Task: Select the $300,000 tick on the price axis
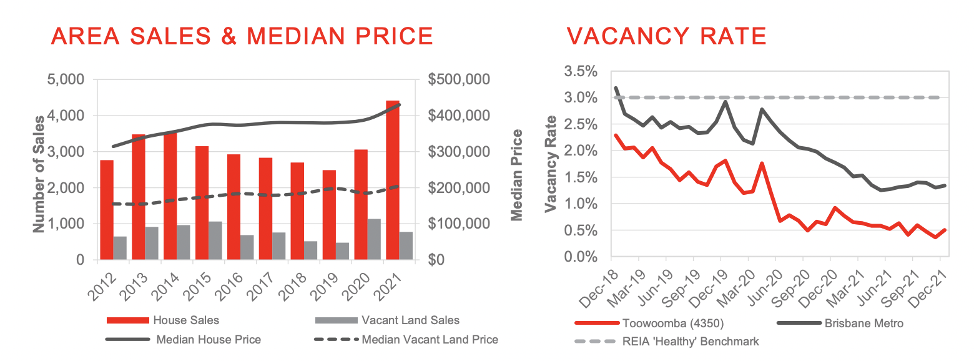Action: pyautogui.click(x=460, y=152)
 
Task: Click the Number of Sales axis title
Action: pyautogui.click(x=39, y=173)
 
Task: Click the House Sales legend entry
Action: pyautogui.click(x=186, y=320)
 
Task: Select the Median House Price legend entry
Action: pyautogui.click(x=209, y=340)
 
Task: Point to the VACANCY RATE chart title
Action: pyautogui.click(x=667, y=36)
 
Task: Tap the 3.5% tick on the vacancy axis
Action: pyautogui.click(x=580, y=71)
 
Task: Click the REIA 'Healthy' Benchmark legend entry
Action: pyautogui.click(x=690, y=342)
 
